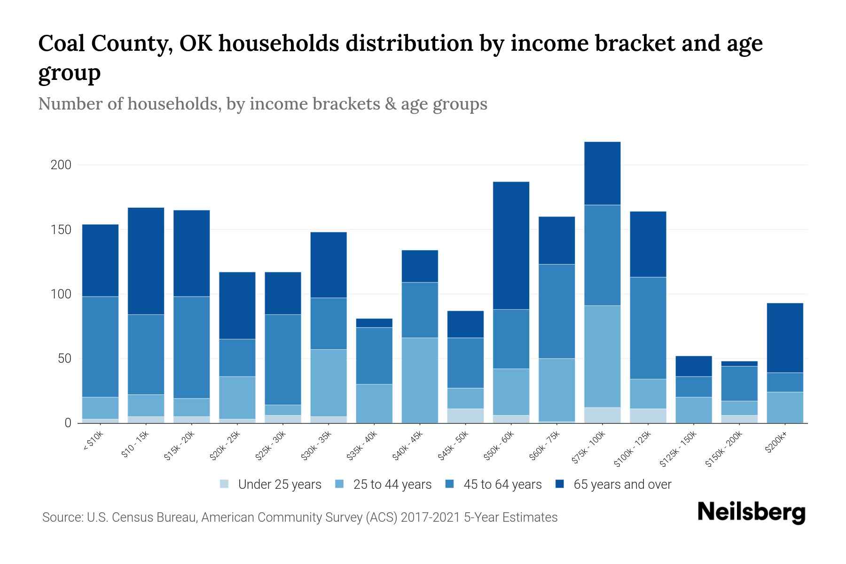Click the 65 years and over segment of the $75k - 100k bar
[x=602, y=173]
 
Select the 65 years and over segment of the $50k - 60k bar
[x=511, y=245]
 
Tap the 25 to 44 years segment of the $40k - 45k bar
[x=420, y=380]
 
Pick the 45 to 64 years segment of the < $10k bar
[x=100, y=346]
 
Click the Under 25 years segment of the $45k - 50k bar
[x=465, y=415]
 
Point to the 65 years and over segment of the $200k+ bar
[x=784, y=337]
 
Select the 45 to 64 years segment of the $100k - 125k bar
[x=648, y=328]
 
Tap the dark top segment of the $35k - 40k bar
[x=374, y=323]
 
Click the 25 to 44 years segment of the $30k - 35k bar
[x=329, y=383]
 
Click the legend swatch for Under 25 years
[x=225, y=484]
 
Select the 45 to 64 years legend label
[x=502, y=484]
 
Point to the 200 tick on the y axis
[x=61, y=165]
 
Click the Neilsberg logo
[x=752, y=512]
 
